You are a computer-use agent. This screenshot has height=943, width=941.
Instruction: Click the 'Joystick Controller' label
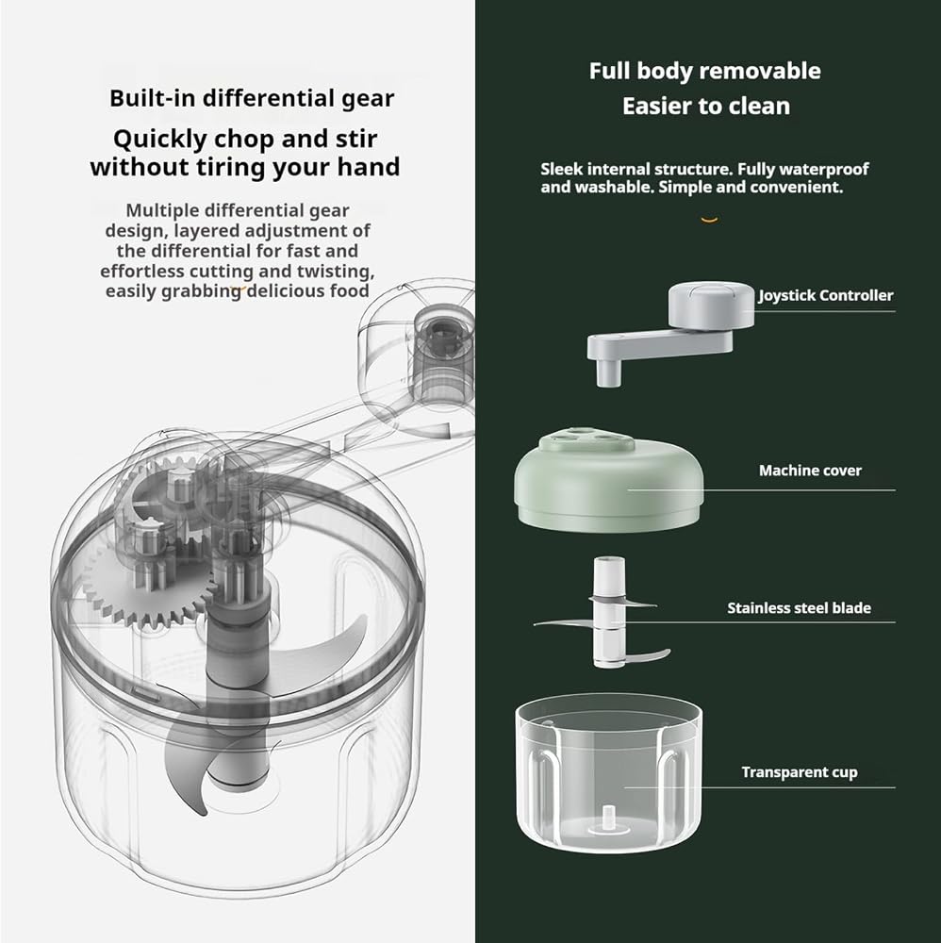pyautogui.click(x=826, y=295)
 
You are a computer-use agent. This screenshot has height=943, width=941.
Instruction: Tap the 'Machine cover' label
pyautogui.click(x=810, y=471)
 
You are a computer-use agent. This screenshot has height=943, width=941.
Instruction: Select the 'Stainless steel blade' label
pyautogui.click(x=800, y=608)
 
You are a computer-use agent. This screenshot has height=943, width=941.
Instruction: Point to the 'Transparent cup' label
pyautogui.click(x=800, y=772)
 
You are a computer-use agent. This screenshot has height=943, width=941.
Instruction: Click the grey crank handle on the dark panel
pyautogui.click(x=670, y=334)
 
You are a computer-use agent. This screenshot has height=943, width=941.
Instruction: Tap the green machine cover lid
pyautogui.click(x=608, y=479)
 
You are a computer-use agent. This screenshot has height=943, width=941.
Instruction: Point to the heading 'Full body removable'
pyautogui.click(x=704, y=71)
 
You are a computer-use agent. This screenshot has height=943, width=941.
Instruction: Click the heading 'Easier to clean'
pyautogui.click(x=706, y=107)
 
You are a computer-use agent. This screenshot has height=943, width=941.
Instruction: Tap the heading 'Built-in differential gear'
pyautogui.click(x=252, y=99)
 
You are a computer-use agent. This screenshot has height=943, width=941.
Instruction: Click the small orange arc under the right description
pyautogui.click(x=709, y=220)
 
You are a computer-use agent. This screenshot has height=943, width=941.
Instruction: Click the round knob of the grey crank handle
pyautogui.click(x=711, y=306)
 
